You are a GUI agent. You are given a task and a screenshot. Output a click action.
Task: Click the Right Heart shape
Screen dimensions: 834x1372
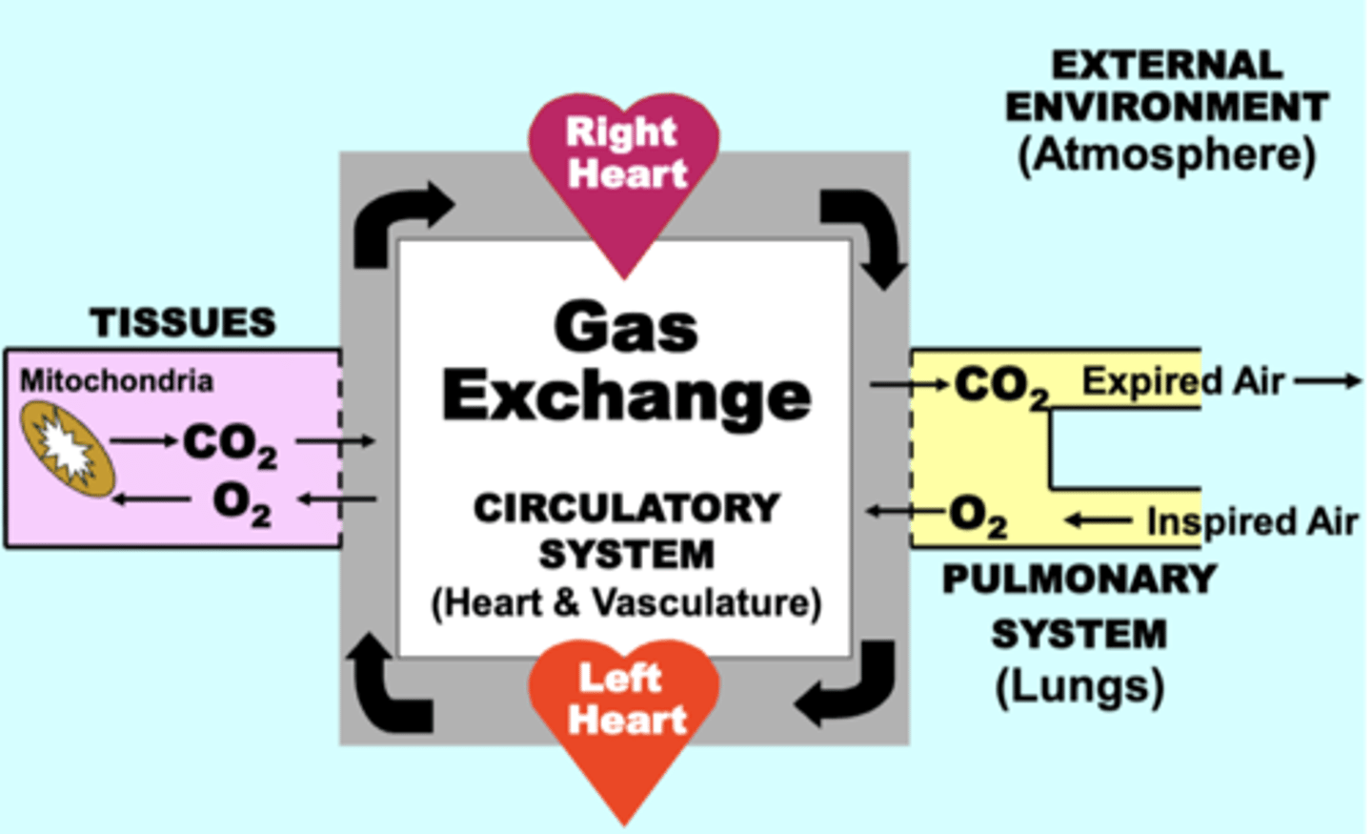624,167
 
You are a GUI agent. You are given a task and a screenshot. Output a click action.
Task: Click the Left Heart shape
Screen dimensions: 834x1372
624,710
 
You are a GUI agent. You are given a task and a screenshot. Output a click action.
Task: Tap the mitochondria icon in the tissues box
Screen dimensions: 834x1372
68,449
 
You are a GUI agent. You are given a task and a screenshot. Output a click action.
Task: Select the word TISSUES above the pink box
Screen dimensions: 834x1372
183,323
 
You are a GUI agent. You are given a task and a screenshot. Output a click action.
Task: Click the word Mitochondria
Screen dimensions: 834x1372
116,381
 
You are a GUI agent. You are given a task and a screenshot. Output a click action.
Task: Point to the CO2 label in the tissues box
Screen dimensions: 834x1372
230,444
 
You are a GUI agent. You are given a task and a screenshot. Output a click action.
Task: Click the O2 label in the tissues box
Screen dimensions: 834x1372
241,502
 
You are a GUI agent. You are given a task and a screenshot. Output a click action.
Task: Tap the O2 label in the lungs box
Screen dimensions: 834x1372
978,517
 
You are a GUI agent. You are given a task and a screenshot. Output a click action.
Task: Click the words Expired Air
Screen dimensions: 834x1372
1182,381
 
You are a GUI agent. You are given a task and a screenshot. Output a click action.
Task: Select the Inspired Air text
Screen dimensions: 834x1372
1251,521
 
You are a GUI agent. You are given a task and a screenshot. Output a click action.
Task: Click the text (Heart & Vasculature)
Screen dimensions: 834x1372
626,603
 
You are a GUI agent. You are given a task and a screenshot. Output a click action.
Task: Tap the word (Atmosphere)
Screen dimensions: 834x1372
1166,154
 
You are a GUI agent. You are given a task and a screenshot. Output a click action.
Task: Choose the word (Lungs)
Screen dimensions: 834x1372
1079,686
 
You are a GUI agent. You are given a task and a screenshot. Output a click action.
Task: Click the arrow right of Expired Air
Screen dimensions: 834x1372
1328,381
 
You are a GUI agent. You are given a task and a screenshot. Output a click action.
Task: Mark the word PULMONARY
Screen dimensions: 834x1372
1079,580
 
